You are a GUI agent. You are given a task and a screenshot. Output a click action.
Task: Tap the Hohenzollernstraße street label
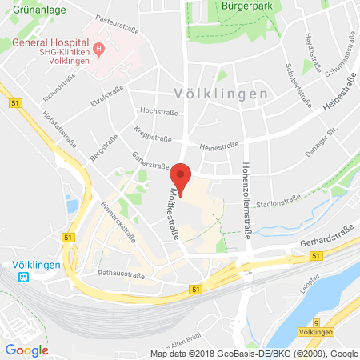(x=246, y=191)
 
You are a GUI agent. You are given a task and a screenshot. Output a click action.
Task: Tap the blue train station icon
(x=25, y=278)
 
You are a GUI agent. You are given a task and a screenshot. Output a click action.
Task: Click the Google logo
(x=26, y=350)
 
